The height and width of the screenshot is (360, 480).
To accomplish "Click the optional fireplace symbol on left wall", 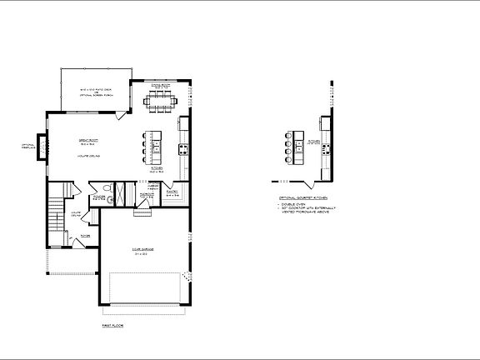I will point(40,146).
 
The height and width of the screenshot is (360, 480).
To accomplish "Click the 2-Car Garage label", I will point(144,250).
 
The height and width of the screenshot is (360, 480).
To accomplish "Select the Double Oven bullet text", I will point(294,205).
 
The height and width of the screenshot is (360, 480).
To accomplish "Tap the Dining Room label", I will point(160,87).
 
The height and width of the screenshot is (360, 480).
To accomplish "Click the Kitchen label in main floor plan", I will point(155,168).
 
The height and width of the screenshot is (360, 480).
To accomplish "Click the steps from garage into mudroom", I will point(144,209).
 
